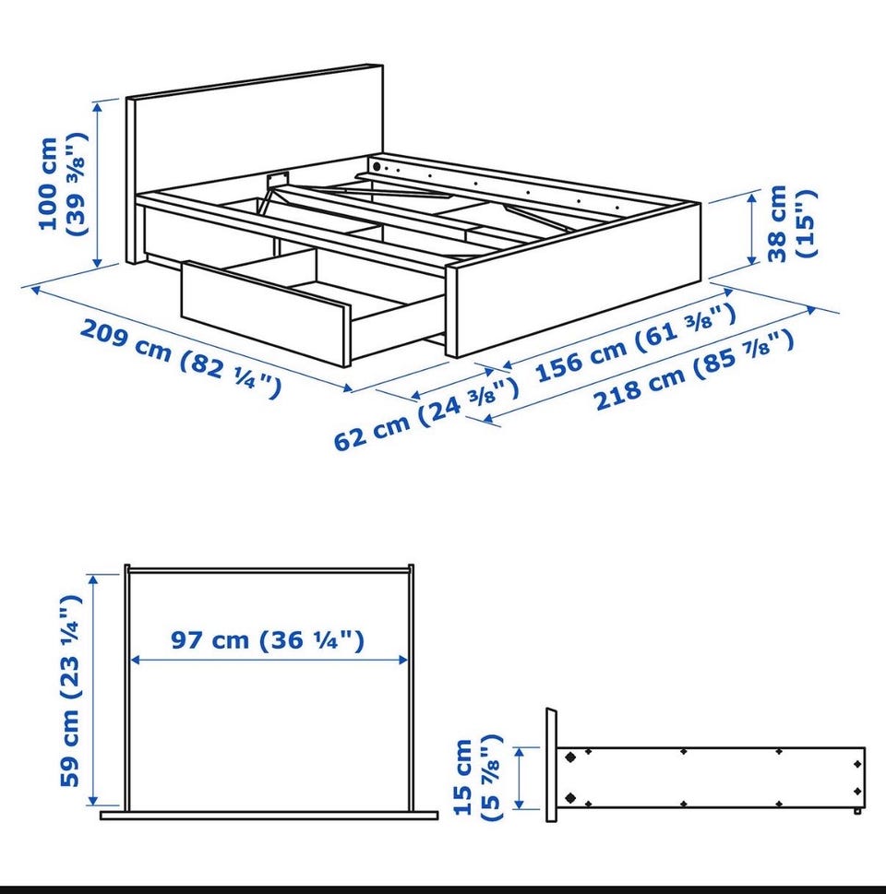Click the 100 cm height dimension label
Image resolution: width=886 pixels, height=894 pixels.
[x=63, y=184]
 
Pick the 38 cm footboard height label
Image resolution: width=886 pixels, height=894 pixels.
[x=792, y=223]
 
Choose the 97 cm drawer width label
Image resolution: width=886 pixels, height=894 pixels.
[x=268, y=639]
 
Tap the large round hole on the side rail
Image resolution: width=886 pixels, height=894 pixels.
[x=377, y=166]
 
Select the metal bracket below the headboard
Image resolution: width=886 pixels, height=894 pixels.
[x=277, y=178]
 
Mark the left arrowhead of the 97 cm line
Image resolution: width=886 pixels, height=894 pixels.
[x=136, y=661]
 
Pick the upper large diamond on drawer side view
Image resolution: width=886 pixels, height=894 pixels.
[x=570, y=757]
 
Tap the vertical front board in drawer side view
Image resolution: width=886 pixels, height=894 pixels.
[x=551, y=765]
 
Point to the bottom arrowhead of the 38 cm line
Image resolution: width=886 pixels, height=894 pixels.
[x=752, y=258]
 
